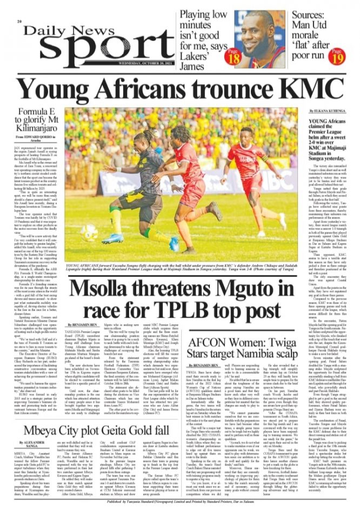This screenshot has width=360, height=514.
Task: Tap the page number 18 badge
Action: [235, 56]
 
